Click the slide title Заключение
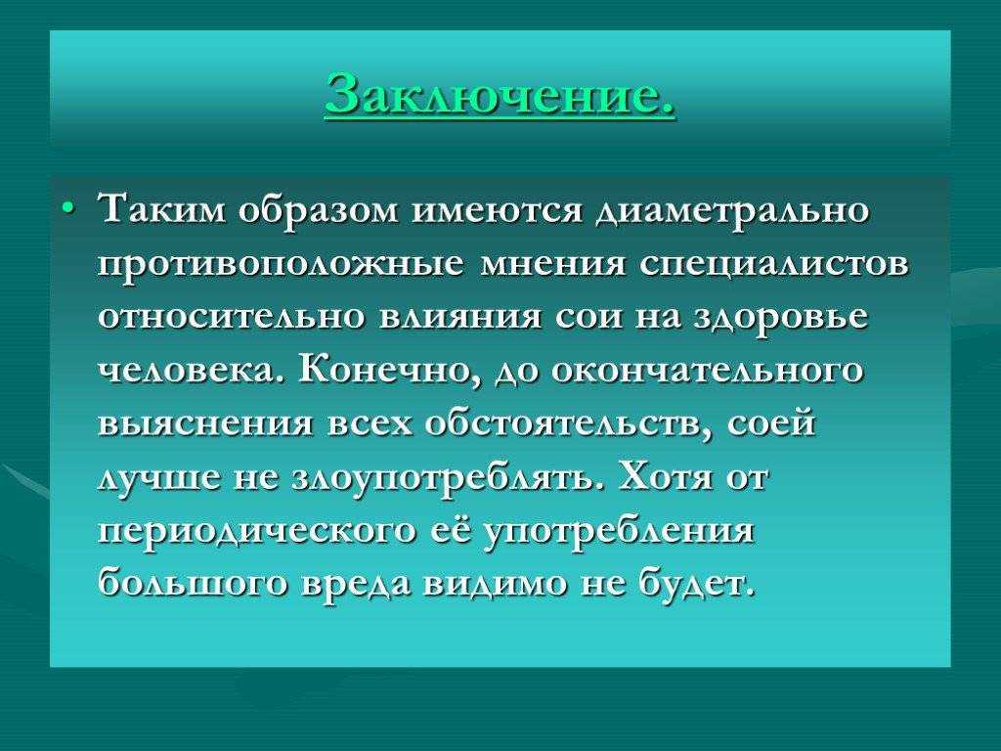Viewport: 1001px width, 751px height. (x=500, y=94)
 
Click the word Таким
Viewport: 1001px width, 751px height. (x=162, y=209)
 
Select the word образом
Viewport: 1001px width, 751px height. (x=320, y=209)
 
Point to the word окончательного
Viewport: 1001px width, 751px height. (x=706, y=371)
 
